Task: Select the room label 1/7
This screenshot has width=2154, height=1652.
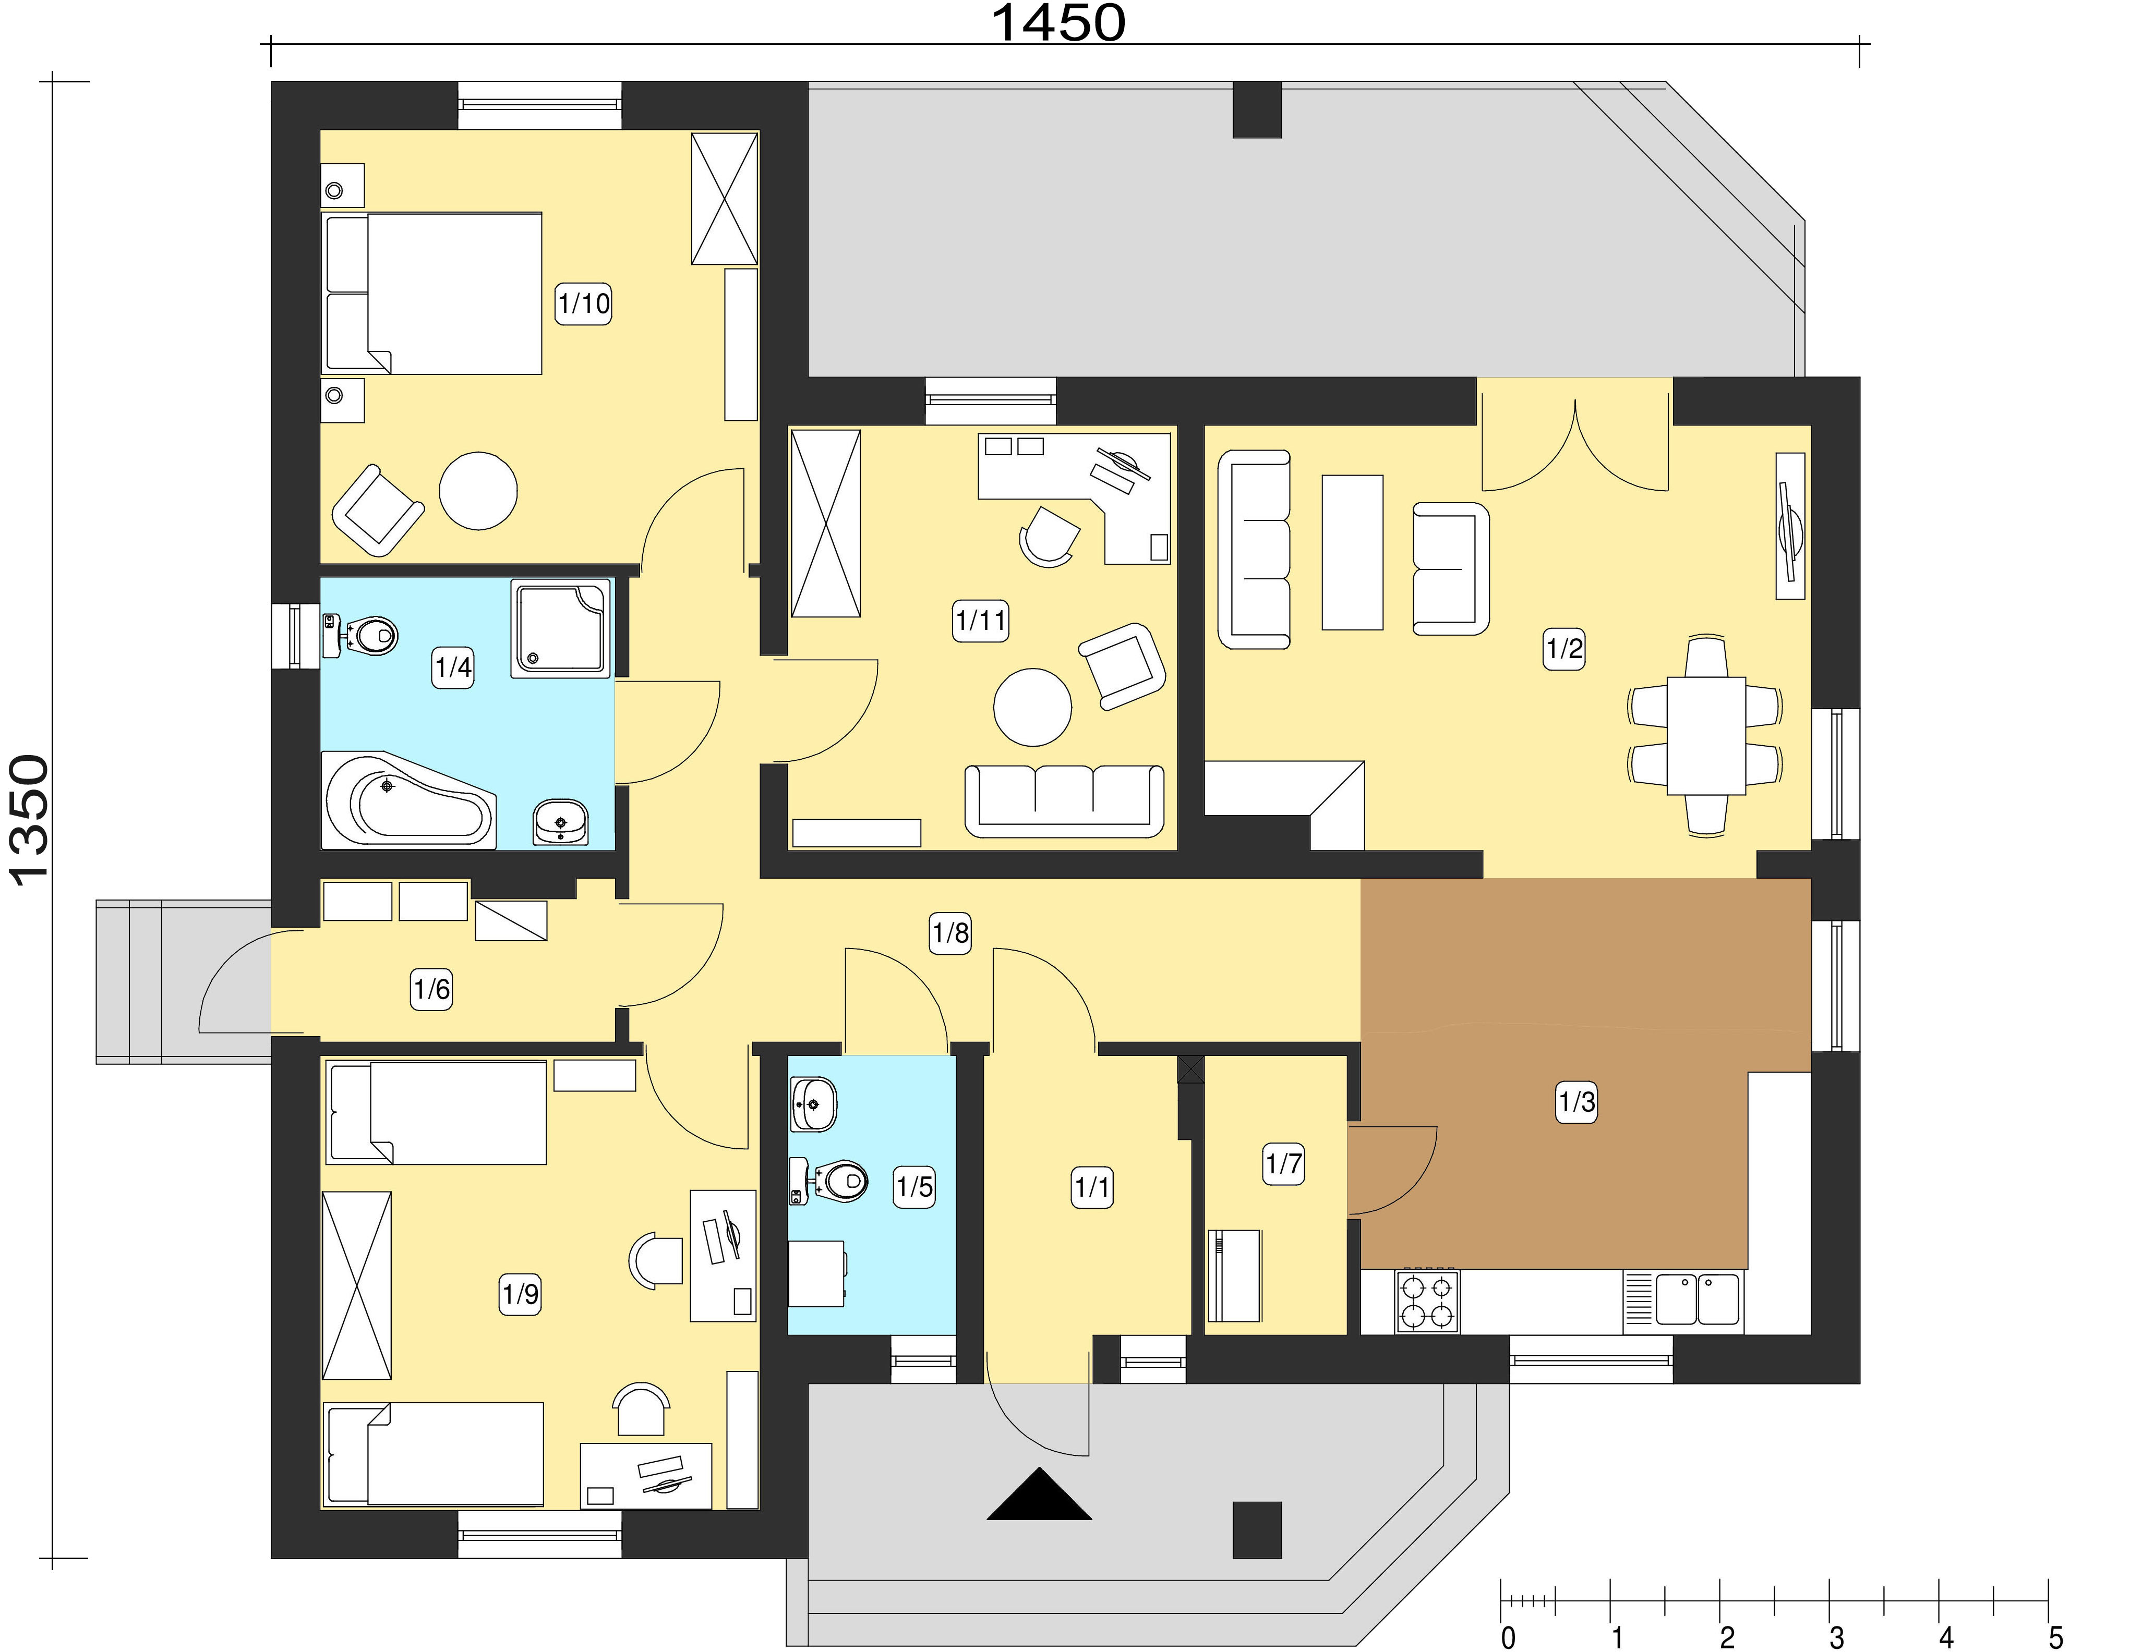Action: tap(1283, 1164)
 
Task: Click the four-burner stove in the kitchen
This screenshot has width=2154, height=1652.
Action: tap(1426, 1301)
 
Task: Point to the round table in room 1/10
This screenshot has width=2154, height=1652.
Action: tap(478, 491)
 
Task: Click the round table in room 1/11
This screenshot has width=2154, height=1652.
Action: tap(1032, 707)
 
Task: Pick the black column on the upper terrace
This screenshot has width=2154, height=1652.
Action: tap(1257, 109)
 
